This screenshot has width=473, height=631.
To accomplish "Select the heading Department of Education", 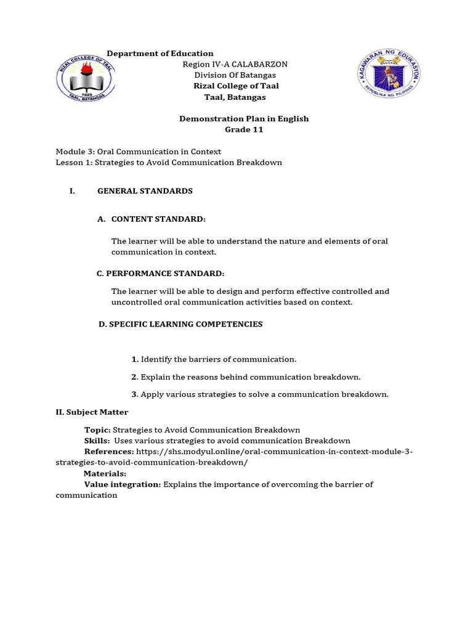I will (x=160, y=54).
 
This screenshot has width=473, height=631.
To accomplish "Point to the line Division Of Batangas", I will (x=235, y=75).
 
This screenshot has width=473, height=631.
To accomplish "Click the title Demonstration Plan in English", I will (x=244, y=119).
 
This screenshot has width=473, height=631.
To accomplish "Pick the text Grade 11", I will (x=244, y=130).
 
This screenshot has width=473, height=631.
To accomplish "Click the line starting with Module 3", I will (x=139, y=152).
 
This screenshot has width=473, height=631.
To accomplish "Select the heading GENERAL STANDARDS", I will (x=145, y=191).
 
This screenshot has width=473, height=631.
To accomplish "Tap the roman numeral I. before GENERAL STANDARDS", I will (x=72, y=191).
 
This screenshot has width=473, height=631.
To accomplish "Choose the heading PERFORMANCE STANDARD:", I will (x=161, y=274).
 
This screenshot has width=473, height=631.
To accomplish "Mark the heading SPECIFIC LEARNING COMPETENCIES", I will (x=180, y=324).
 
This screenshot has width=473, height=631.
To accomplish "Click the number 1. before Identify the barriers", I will (x=135, y=359).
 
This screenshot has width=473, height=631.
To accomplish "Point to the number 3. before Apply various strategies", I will (x=135, y=394).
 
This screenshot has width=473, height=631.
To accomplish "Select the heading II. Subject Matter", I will (x=92, y=412).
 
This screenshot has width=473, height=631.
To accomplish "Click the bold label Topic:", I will (x=97, y=429).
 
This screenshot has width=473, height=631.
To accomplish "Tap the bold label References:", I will (x=109, y=452).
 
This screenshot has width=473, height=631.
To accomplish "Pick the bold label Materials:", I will (x=105, y=473).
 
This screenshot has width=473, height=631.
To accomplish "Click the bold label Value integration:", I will (x=123, y=484).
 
